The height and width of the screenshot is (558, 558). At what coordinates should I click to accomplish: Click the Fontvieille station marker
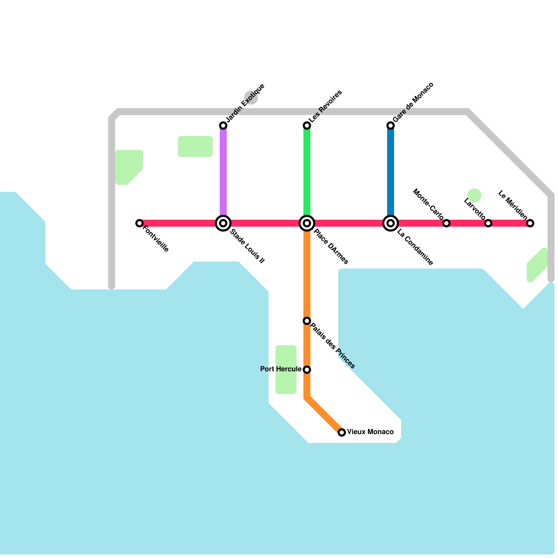coord(139,223)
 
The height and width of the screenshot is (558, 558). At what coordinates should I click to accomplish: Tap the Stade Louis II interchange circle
coord(223,223)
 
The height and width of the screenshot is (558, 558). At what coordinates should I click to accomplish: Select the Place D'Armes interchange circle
coord(307,223)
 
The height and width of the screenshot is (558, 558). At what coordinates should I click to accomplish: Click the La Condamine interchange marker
coord(391,223)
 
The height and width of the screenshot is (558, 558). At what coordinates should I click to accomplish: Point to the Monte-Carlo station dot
coord(446,223)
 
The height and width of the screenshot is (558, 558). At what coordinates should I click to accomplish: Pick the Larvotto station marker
coord(488,223)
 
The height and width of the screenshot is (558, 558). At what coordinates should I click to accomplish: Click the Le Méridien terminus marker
coord(530,223)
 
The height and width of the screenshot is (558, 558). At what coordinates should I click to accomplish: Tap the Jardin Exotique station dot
coord(223,126)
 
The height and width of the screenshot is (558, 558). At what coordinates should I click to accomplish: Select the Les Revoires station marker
coord(307,126)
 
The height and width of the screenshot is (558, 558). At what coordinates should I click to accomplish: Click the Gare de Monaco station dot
coord(391,126)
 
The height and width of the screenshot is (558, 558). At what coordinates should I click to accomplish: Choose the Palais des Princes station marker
coord(307,321)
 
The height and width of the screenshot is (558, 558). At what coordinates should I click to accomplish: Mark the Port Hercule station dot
coord(307,370)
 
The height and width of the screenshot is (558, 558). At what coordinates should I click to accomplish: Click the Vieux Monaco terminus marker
coord(342,432)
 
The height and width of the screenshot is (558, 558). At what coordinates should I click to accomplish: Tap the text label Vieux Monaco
coord(370,432)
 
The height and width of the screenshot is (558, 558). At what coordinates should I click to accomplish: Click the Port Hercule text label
coord(281,369)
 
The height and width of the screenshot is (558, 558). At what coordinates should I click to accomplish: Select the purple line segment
coord(223,171)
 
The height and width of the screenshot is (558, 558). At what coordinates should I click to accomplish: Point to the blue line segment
coord(391,171)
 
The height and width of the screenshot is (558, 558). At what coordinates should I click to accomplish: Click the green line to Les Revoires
coord(307,171)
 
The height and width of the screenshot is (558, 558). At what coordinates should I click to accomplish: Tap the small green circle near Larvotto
coord(474,195)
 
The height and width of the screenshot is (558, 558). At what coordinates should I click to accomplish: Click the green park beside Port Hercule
coord(286,370)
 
